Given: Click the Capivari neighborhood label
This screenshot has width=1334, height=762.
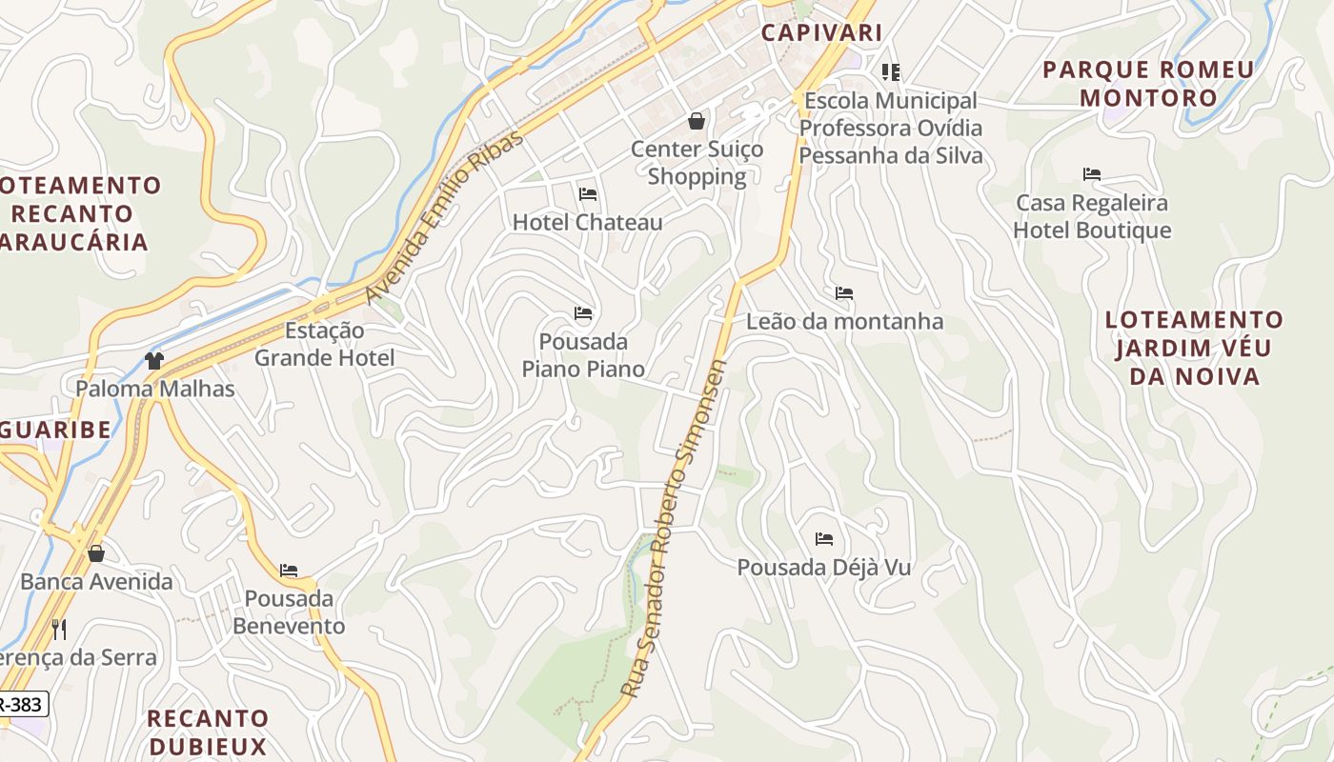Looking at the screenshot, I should pos(821,32).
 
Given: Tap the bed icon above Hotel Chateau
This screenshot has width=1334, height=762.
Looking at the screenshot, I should pos(588,194).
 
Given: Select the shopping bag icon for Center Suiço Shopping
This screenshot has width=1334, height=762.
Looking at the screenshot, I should pos(697,121).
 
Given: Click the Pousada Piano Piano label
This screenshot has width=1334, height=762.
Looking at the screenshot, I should pos(583,355).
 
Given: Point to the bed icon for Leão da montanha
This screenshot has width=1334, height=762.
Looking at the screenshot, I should pos(843,293).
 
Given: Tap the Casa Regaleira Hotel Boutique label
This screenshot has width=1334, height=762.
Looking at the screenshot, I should pos(1092,216).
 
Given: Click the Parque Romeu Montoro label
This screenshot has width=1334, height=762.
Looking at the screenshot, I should pos(1148,84).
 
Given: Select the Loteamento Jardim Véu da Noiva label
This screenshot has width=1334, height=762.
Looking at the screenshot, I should pos(1194,348).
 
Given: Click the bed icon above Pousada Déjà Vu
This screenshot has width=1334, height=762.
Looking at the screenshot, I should pos(824,539).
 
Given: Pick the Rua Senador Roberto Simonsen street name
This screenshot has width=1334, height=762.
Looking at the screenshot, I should pos(675,529).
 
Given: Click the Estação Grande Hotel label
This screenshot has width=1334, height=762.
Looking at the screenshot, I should pos(324,345).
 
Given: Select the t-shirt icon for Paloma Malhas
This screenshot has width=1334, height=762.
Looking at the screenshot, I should pos(154,360).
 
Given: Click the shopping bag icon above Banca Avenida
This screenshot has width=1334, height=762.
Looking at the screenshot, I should pos(96,553).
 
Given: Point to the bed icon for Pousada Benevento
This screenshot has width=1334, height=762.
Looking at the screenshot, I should pos(289,571).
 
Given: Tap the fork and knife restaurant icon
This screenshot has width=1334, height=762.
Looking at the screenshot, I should pos(59,629).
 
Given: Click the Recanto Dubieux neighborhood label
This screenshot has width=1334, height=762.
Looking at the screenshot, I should pos(208,732).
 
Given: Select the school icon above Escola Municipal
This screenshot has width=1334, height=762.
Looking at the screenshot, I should pos(891,72).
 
